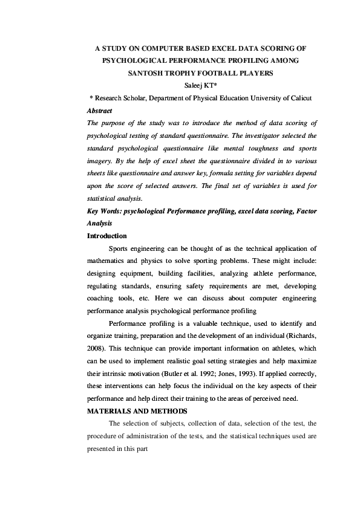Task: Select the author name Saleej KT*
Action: pyautogui.click(x=197, y=86)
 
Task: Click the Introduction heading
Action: pyautogui.click(x=107, y=235)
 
